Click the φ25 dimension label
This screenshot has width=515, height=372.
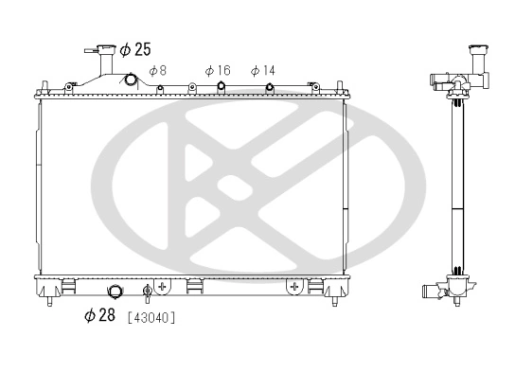click(x=135, y=49)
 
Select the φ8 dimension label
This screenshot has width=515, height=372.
click(x=157, y=71)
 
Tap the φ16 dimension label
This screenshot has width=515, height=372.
click(x=218, y=71)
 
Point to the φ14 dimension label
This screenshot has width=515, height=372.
click(x=263, y=71)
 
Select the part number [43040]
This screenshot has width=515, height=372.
click(x=151, y=317)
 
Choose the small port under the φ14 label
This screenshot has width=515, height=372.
click(x=270, y=89)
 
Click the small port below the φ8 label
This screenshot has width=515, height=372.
click(x=160, y=89)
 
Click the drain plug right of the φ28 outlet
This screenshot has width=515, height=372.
click(x=147, y=291)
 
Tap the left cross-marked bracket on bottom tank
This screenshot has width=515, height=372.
click(x=163, y=284)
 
